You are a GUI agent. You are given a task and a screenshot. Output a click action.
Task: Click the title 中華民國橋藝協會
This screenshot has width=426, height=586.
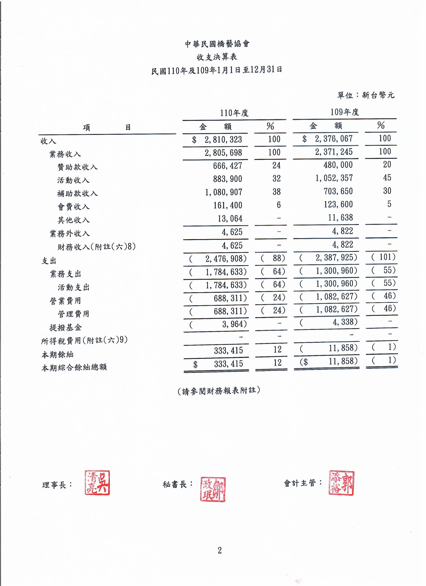[217, 44]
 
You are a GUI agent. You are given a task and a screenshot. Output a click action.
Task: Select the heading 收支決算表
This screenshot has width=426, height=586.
[217, 57]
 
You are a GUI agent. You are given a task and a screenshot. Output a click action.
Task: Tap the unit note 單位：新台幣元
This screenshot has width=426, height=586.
[366, 95]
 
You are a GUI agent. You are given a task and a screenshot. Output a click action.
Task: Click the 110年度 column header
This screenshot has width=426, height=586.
[234, 113]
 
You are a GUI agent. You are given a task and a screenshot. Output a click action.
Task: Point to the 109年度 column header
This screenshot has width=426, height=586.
[345, 112]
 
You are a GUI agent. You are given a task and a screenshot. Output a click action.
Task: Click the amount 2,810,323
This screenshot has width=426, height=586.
[223, 140]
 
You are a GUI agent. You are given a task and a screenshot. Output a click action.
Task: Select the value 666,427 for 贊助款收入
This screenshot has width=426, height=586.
[228, 166]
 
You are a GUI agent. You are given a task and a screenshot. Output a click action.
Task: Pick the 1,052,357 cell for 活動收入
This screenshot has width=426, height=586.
[334, 178]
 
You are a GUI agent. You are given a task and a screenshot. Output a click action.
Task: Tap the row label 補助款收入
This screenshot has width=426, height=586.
[77, 193]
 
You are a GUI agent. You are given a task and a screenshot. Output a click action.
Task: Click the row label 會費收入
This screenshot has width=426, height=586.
[74, 207]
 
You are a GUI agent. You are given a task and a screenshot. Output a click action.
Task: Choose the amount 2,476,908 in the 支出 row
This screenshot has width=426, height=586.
[226, 259]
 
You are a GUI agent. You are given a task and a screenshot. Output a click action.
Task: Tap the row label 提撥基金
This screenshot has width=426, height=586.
[66, 328]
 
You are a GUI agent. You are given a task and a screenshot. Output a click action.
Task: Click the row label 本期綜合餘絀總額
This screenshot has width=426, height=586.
[74, 367]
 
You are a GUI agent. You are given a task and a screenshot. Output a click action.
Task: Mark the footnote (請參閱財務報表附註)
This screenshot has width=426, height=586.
[219, 391]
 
